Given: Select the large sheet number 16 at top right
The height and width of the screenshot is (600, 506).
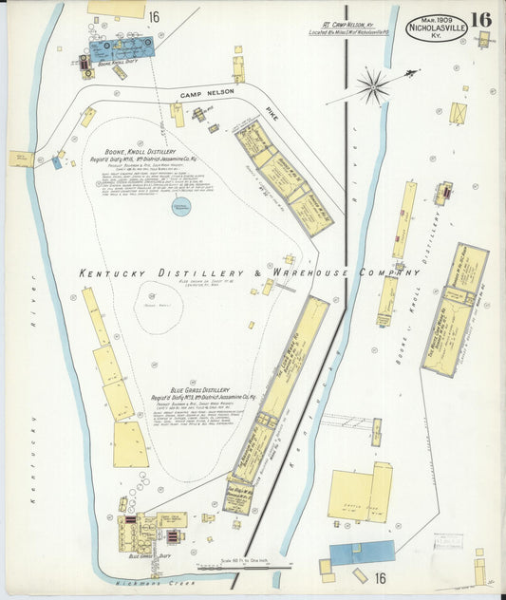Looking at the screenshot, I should tap(480, 19).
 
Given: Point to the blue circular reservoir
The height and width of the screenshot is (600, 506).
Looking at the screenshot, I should tap(180, 205).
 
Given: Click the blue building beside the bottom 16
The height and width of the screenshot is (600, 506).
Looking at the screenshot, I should tap(362, 553).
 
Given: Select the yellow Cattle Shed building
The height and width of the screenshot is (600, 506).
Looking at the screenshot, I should tap(359, 495).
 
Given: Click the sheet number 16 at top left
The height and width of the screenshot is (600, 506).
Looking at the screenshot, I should tap(154, 16).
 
